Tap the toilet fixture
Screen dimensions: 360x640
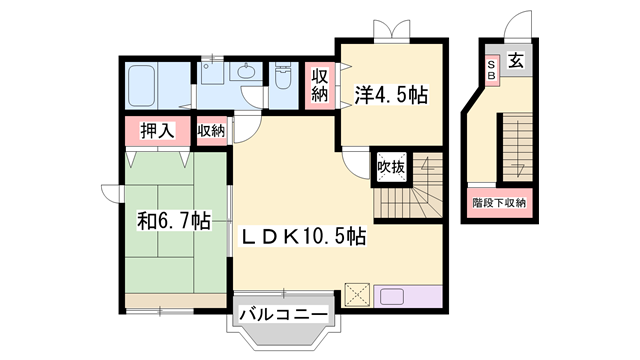point(282,80)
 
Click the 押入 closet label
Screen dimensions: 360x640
point(156,131)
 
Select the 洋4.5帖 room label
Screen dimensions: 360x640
point(391,95)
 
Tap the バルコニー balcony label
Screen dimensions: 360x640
point(284,316)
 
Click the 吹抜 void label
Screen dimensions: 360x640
point(390,167)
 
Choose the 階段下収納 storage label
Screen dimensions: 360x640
point(500,202)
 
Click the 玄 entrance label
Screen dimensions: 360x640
point(515,62)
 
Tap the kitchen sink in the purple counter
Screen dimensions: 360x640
point(391,296)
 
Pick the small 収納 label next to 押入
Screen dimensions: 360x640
point(211,130)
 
